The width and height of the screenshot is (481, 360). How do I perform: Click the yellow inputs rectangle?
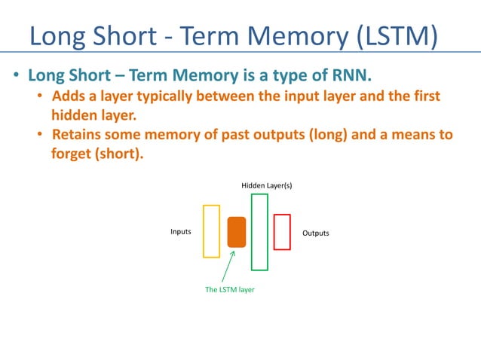pos(211,230)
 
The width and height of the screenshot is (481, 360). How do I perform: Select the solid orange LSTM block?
pos(237,232)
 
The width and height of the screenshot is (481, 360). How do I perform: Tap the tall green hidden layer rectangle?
pos(259,232)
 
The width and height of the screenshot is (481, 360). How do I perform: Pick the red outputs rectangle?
pos(282,232)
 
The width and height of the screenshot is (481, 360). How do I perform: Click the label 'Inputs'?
pos(180,233)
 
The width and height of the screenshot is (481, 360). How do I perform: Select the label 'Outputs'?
pos(316,233)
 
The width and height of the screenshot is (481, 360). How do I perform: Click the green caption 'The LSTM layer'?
pos(230,289)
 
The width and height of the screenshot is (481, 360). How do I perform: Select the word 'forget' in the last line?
pos(71,154)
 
